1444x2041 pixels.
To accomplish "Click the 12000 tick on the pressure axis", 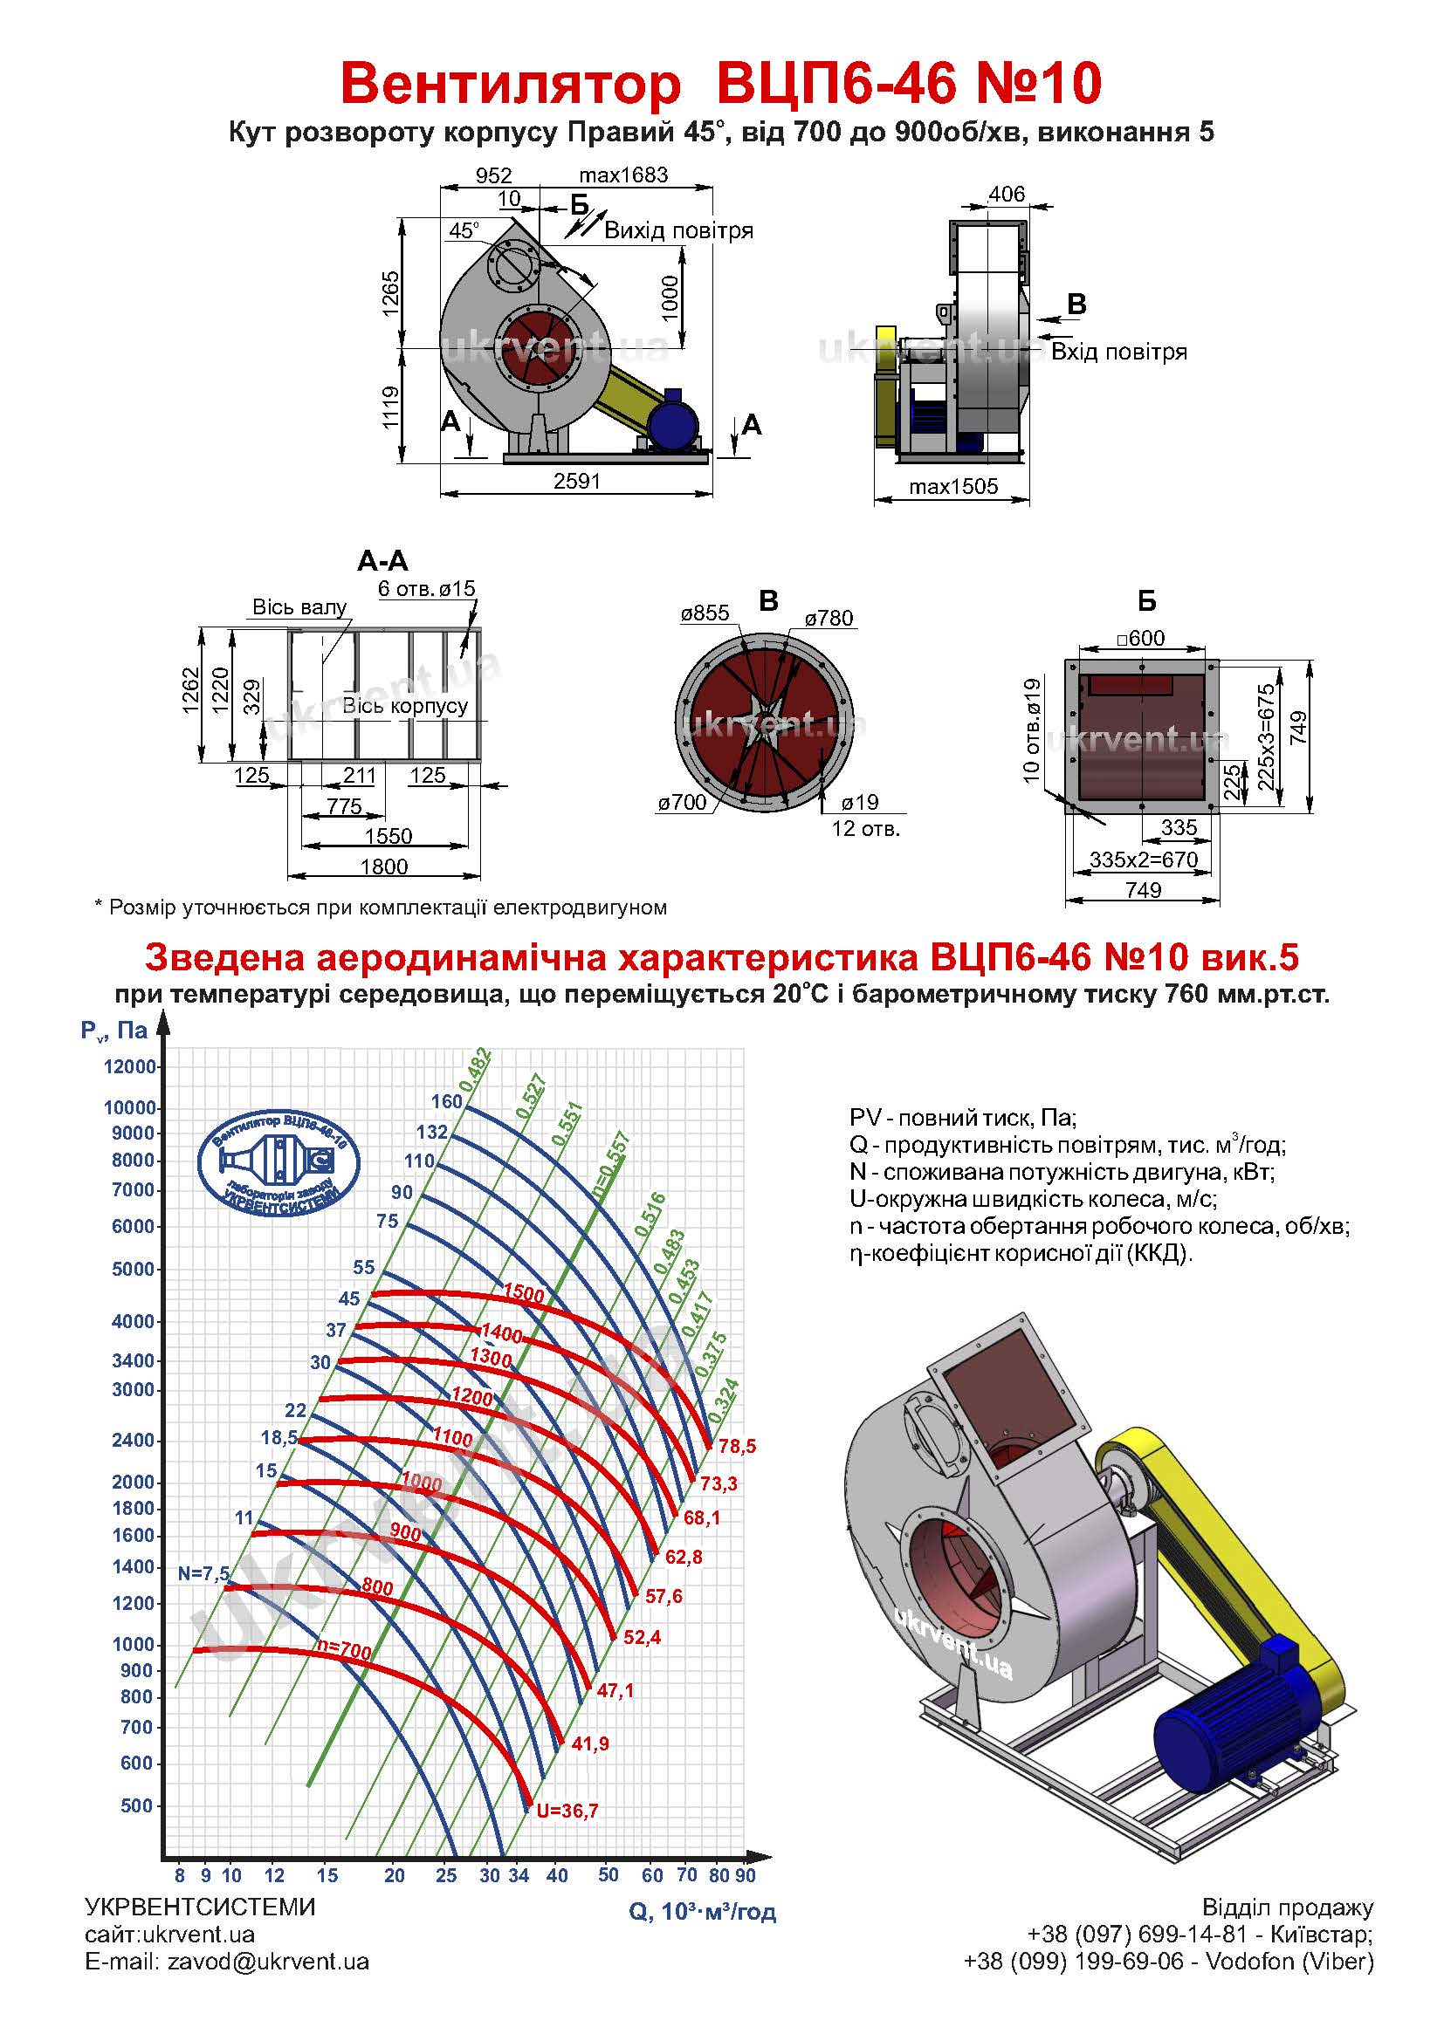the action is tap(130, 1066).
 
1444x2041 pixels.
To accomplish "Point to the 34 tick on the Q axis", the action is tap(519, 1876).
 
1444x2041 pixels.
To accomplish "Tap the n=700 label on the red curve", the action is tap(344, 1651).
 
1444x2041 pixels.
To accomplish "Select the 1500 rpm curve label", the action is tap(524, 1294).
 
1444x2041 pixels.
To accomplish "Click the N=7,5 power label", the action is tap(203, 1573).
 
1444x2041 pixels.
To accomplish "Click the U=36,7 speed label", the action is tap(567, 1811).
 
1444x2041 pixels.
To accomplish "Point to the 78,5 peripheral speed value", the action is tap(737, 1446).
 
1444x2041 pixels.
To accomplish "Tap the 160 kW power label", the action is tap(447, 1101).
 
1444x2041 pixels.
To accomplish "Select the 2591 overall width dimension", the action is tap(577, 481).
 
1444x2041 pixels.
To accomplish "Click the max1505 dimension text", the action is tap(953, 486).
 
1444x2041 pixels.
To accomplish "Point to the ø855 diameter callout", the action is tap(705, 613).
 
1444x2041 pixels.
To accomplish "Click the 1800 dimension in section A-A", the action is tap(384, 866).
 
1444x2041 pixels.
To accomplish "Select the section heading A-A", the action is tap(382, 561).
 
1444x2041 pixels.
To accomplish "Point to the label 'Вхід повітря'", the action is tap(1118, 352).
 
